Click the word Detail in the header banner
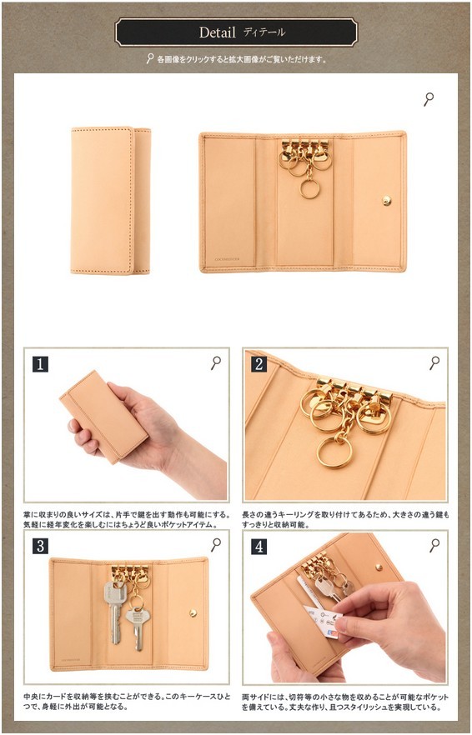[217, 32]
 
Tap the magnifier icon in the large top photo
[429, 99]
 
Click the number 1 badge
[40, 364]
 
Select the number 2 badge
[259, 364]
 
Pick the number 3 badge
[40, 546]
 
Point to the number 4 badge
[259, 546]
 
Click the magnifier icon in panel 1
[216, 362]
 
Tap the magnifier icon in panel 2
[434, 362]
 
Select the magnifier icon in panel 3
[216, 544]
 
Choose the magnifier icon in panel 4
[434, 544]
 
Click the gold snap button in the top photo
[387, 201]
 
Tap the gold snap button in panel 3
[193, 612]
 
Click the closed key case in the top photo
[111, 200]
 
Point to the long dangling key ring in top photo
[309, 188]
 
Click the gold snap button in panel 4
[379, 567]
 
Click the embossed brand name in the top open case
[226, 258]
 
